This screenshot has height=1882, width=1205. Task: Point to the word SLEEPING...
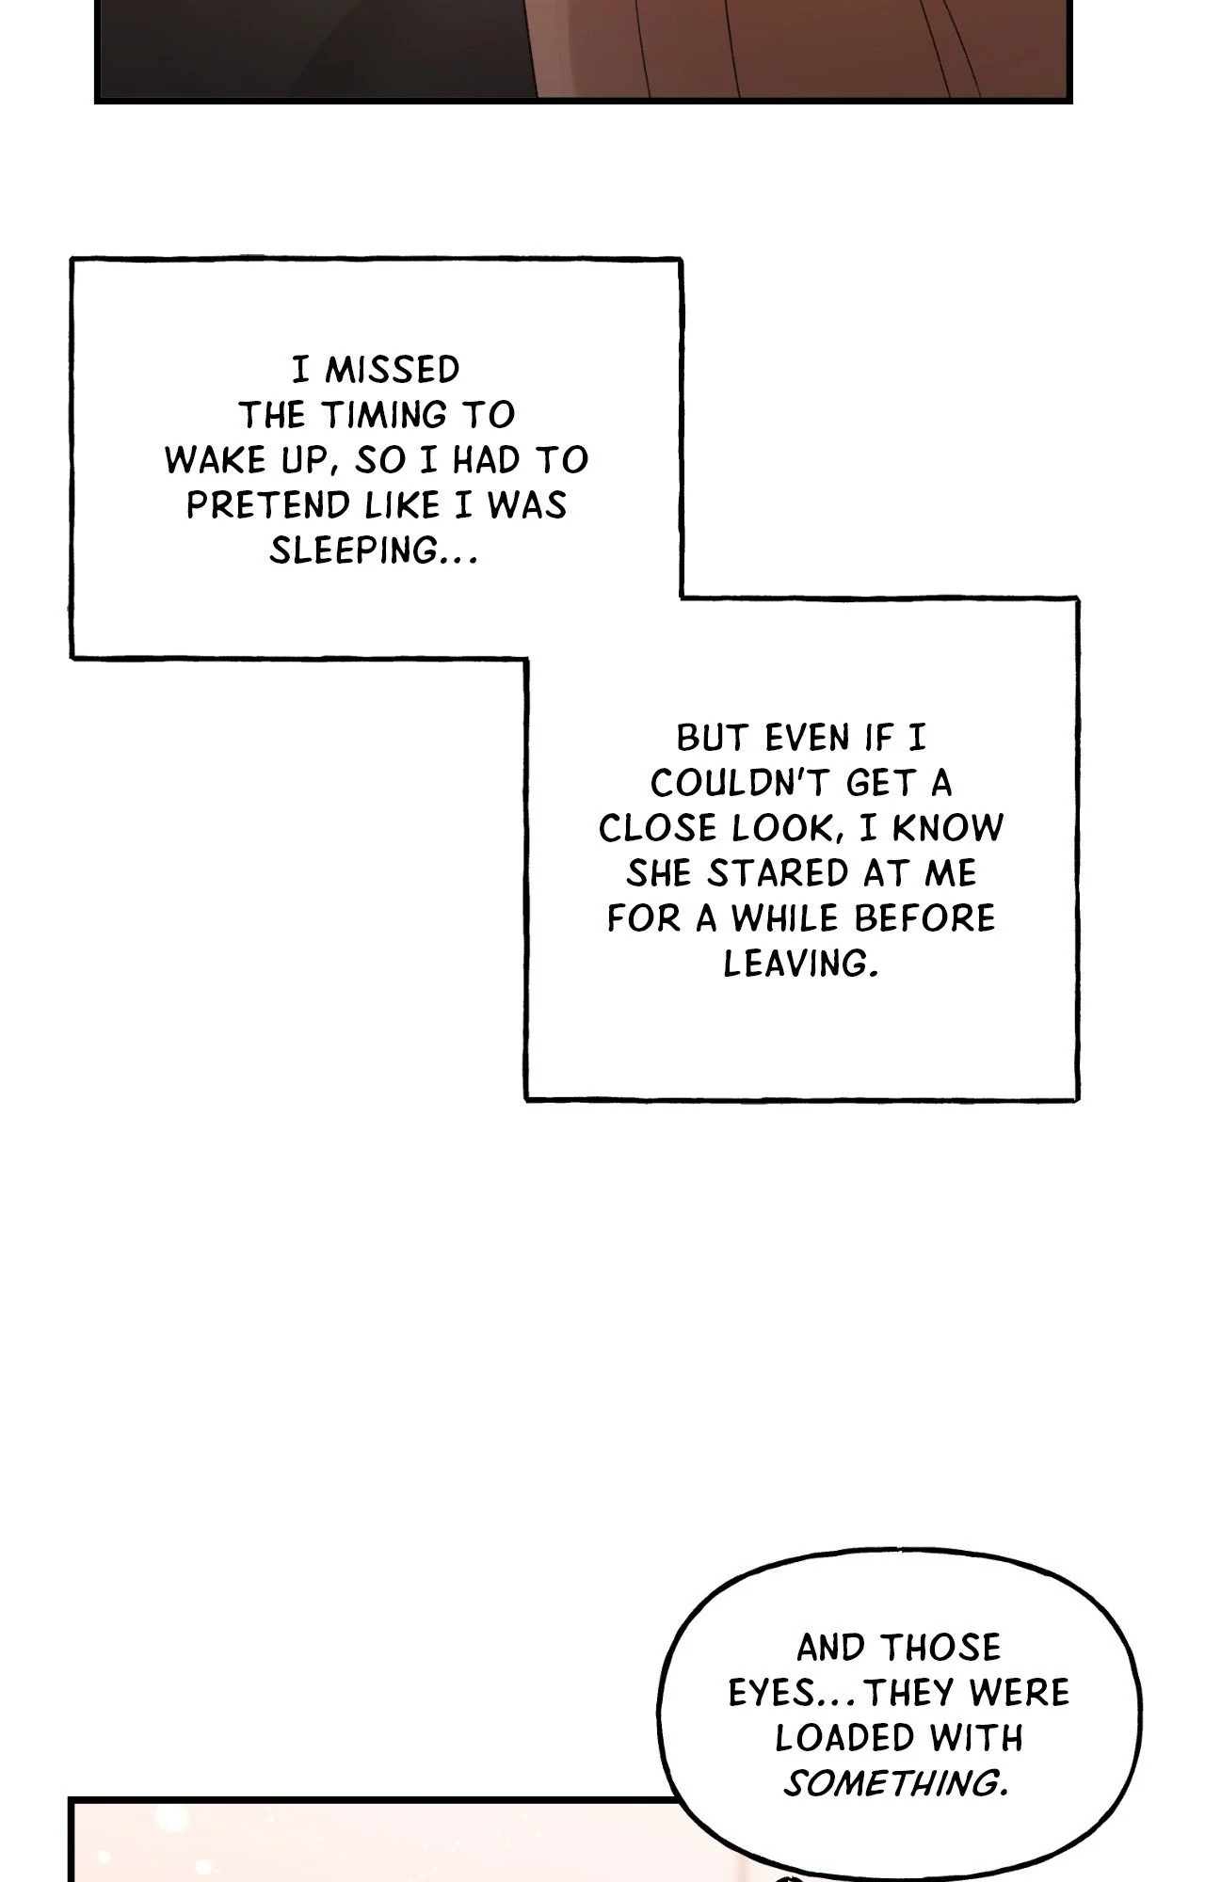pos(374,550)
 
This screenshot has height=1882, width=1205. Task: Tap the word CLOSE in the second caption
pos(658,828)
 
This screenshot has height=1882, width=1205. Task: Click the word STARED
pos(763,873)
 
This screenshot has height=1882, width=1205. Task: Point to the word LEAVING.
pos(800,964)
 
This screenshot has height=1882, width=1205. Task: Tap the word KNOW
pos(948,828)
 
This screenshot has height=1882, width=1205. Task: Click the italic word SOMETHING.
pos(895,1782)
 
